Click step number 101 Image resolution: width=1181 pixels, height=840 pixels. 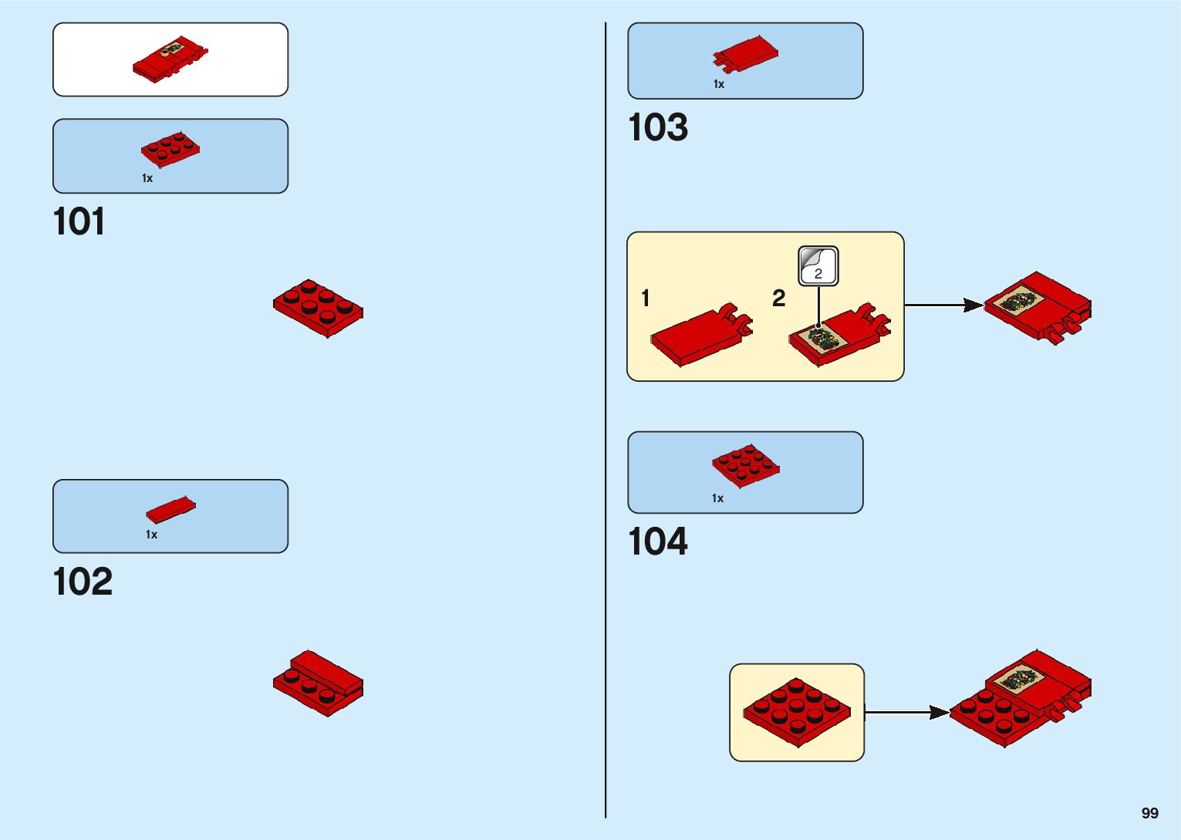coord(79,222)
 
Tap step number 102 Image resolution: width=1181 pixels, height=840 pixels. coord(83,582)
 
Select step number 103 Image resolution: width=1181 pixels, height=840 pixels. coord(658,128)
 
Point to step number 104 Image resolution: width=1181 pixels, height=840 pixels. coord(658,541)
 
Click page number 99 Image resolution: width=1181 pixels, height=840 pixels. coord(1149,813)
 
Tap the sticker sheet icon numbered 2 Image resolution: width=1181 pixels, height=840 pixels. coord(818,266)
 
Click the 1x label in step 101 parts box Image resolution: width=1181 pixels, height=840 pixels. coord(147,178)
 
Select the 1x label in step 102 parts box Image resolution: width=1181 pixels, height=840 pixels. coord(151,535)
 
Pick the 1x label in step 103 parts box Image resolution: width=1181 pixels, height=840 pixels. coord(719,84)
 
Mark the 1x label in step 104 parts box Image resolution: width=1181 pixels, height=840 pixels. coord(717,498)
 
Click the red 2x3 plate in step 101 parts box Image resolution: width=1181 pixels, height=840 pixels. coord(170,149)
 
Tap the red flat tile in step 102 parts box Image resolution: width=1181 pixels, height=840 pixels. coord(170,509)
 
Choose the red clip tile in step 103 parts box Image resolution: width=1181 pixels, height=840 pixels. coord(745,56)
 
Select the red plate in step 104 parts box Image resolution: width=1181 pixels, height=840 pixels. coord(745,465)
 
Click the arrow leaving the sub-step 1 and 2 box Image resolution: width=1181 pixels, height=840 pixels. coord(943,305)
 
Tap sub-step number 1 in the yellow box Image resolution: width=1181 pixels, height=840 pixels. coord(646,299)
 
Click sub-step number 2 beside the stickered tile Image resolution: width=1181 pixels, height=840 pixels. coord(779,299)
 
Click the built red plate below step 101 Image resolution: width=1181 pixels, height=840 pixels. coord(318,308)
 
